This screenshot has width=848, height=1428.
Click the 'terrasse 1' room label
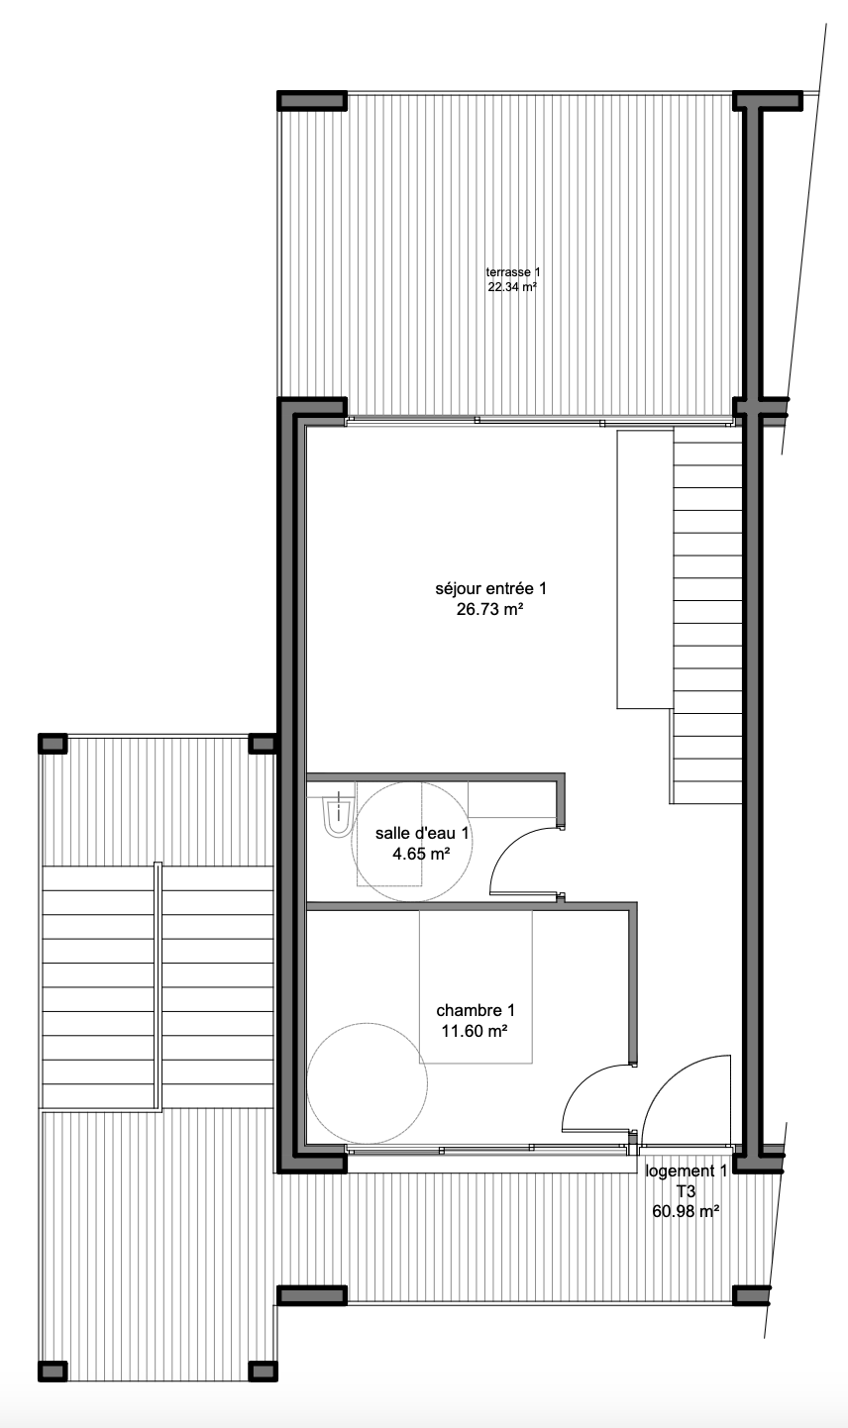[512, 272]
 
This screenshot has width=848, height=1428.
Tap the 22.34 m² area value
[512, 287]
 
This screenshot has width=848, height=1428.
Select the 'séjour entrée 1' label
[491, 588]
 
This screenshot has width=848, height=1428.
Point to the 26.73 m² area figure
[490, 609]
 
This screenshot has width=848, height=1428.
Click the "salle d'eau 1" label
[422, 833]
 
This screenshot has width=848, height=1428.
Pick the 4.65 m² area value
[421, 853]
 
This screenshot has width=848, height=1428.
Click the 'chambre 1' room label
[476, 1010]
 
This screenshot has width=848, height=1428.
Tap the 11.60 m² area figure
[475, 1031]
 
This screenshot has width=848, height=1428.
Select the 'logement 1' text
[687, 1172]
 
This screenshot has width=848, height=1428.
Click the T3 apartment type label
[687, 1191]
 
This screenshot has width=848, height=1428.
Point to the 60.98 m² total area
[687, 1211]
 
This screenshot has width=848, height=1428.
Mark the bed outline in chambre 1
[476, 987]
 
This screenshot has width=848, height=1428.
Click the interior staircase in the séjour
[706, 615]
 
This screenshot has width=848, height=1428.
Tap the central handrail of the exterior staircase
[159, 987]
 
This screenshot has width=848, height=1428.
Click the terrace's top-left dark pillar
[312, 101]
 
